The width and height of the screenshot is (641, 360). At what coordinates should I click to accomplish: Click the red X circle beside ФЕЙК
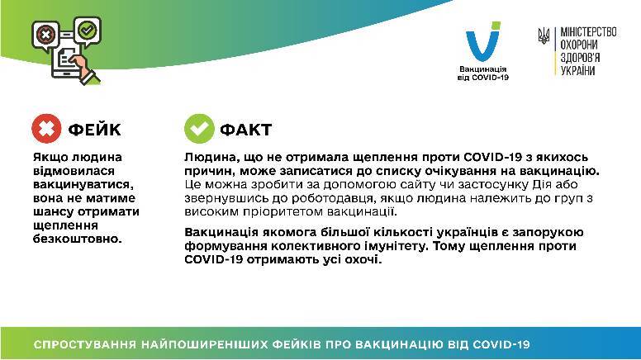46,129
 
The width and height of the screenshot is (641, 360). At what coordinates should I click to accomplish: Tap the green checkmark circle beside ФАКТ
199,129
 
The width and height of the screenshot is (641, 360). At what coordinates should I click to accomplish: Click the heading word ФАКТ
245,130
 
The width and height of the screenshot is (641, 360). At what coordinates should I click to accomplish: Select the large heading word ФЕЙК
94,130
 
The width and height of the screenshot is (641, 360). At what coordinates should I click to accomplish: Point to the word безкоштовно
78,239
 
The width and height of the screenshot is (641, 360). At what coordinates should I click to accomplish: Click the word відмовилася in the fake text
74,171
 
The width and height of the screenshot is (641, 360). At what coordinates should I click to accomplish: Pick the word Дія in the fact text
542,184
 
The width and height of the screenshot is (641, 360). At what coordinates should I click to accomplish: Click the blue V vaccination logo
482,41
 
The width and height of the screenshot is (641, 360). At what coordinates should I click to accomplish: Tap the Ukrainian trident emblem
544,36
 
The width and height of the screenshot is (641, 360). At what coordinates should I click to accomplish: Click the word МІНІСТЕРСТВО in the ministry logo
588,32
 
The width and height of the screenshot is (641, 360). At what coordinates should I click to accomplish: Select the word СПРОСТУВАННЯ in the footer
84,344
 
